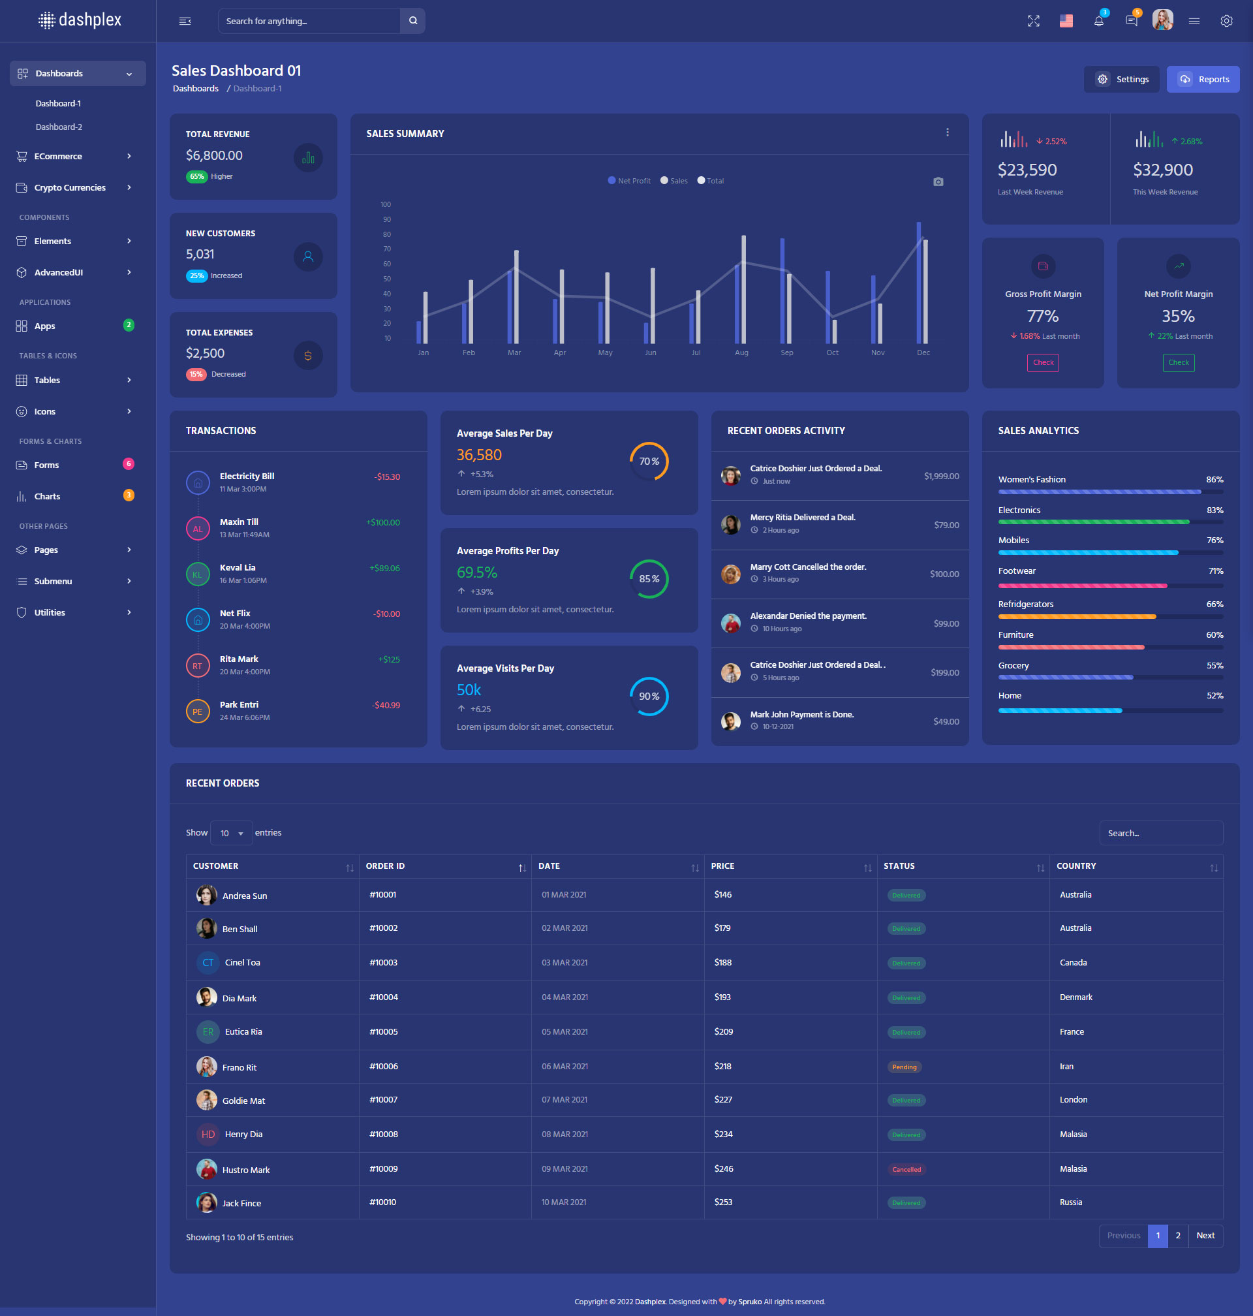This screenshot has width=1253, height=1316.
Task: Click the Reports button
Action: (x=1202, y=80)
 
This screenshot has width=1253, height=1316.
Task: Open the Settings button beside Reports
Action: (x=1121, y=80)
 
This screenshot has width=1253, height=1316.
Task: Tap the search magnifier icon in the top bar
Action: (x=412, y=21)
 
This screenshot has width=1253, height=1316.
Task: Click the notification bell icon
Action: (x=1098, y=21)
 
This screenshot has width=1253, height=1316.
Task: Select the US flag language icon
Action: (x=1066, y=21)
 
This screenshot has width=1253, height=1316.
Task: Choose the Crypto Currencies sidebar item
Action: (x=70, y=188)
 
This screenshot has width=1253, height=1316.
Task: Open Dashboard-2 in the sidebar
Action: (x=59, y=127)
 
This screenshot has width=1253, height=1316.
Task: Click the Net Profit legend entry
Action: (x=629, y=181)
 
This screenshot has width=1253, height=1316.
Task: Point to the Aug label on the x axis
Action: (x=741, y=352)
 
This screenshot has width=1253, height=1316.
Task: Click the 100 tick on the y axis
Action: (x=386, y=204)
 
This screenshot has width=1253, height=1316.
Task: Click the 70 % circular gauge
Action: (x=649, y=462)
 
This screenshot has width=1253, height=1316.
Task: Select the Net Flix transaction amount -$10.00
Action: (x=387, y=614)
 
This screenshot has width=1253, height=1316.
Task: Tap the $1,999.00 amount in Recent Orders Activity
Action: (x=941, y=477)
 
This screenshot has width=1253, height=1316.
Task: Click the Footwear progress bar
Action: (x=1110, y=586)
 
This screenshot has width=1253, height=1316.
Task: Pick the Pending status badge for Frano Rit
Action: (x=905, y=1067)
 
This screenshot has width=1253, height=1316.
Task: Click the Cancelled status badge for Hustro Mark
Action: (x=906, y=1169)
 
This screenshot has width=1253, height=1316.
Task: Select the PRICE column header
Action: (x=722, y=866)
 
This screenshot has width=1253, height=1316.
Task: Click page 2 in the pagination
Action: (x=1177, y=1235)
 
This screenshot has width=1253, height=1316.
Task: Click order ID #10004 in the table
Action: (x=383, y=997)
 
